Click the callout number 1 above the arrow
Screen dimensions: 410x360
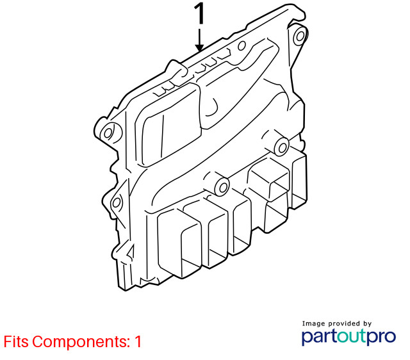200,14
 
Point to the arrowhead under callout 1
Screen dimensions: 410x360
199,48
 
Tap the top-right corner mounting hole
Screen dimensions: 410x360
300,36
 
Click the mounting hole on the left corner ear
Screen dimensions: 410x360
108,133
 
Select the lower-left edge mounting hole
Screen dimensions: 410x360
116,202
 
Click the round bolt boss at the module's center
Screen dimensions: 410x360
222,187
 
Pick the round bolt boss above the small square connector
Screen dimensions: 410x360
282,147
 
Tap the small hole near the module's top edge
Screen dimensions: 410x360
242,45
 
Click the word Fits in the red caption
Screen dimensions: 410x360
15,341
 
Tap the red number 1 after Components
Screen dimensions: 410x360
138,341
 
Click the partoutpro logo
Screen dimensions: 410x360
348,337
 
